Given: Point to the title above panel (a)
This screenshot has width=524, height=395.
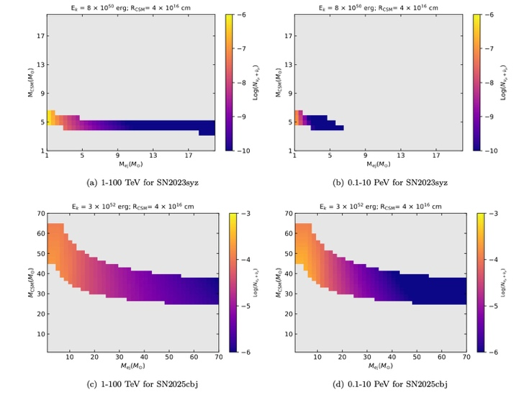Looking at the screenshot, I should (130, 6).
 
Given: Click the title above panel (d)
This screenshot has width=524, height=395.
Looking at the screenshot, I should (381, 206).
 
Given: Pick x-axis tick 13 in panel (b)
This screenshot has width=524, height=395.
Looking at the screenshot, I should (402, 155).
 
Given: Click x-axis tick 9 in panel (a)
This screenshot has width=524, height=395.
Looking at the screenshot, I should (117, 155).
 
